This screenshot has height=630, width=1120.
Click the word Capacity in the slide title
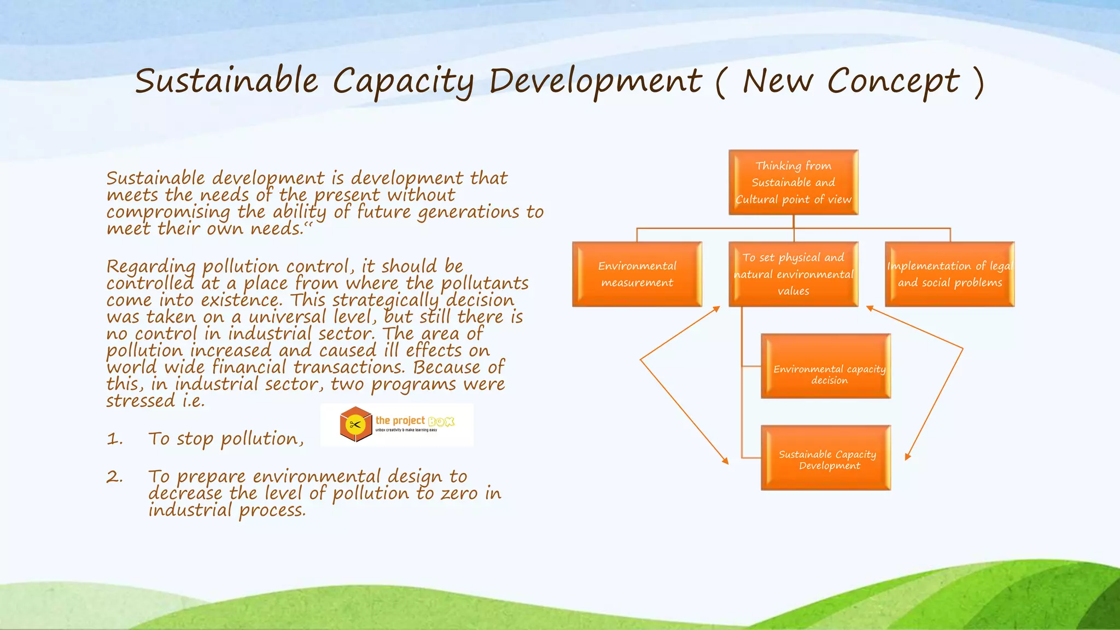tap(403, 82)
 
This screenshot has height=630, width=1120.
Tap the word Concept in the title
tap(893, 82)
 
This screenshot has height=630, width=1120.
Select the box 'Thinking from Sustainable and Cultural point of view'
tap(793, 183)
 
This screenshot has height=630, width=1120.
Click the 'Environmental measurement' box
tap(637, 275)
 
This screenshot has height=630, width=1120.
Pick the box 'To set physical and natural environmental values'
tap(793, 275)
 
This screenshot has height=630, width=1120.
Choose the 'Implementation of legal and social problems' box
tap(949, 275)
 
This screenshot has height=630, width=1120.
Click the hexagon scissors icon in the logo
tap(356, 424)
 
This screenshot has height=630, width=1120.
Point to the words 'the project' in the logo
tap(400, 421)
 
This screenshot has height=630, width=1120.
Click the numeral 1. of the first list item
tap(114, 439)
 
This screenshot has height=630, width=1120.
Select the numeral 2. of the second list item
tap(114, 477)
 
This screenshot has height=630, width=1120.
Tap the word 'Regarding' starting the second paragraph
tap(151, 267)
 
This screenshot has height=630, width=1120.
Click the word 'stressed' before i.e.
tap(141, 401)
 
